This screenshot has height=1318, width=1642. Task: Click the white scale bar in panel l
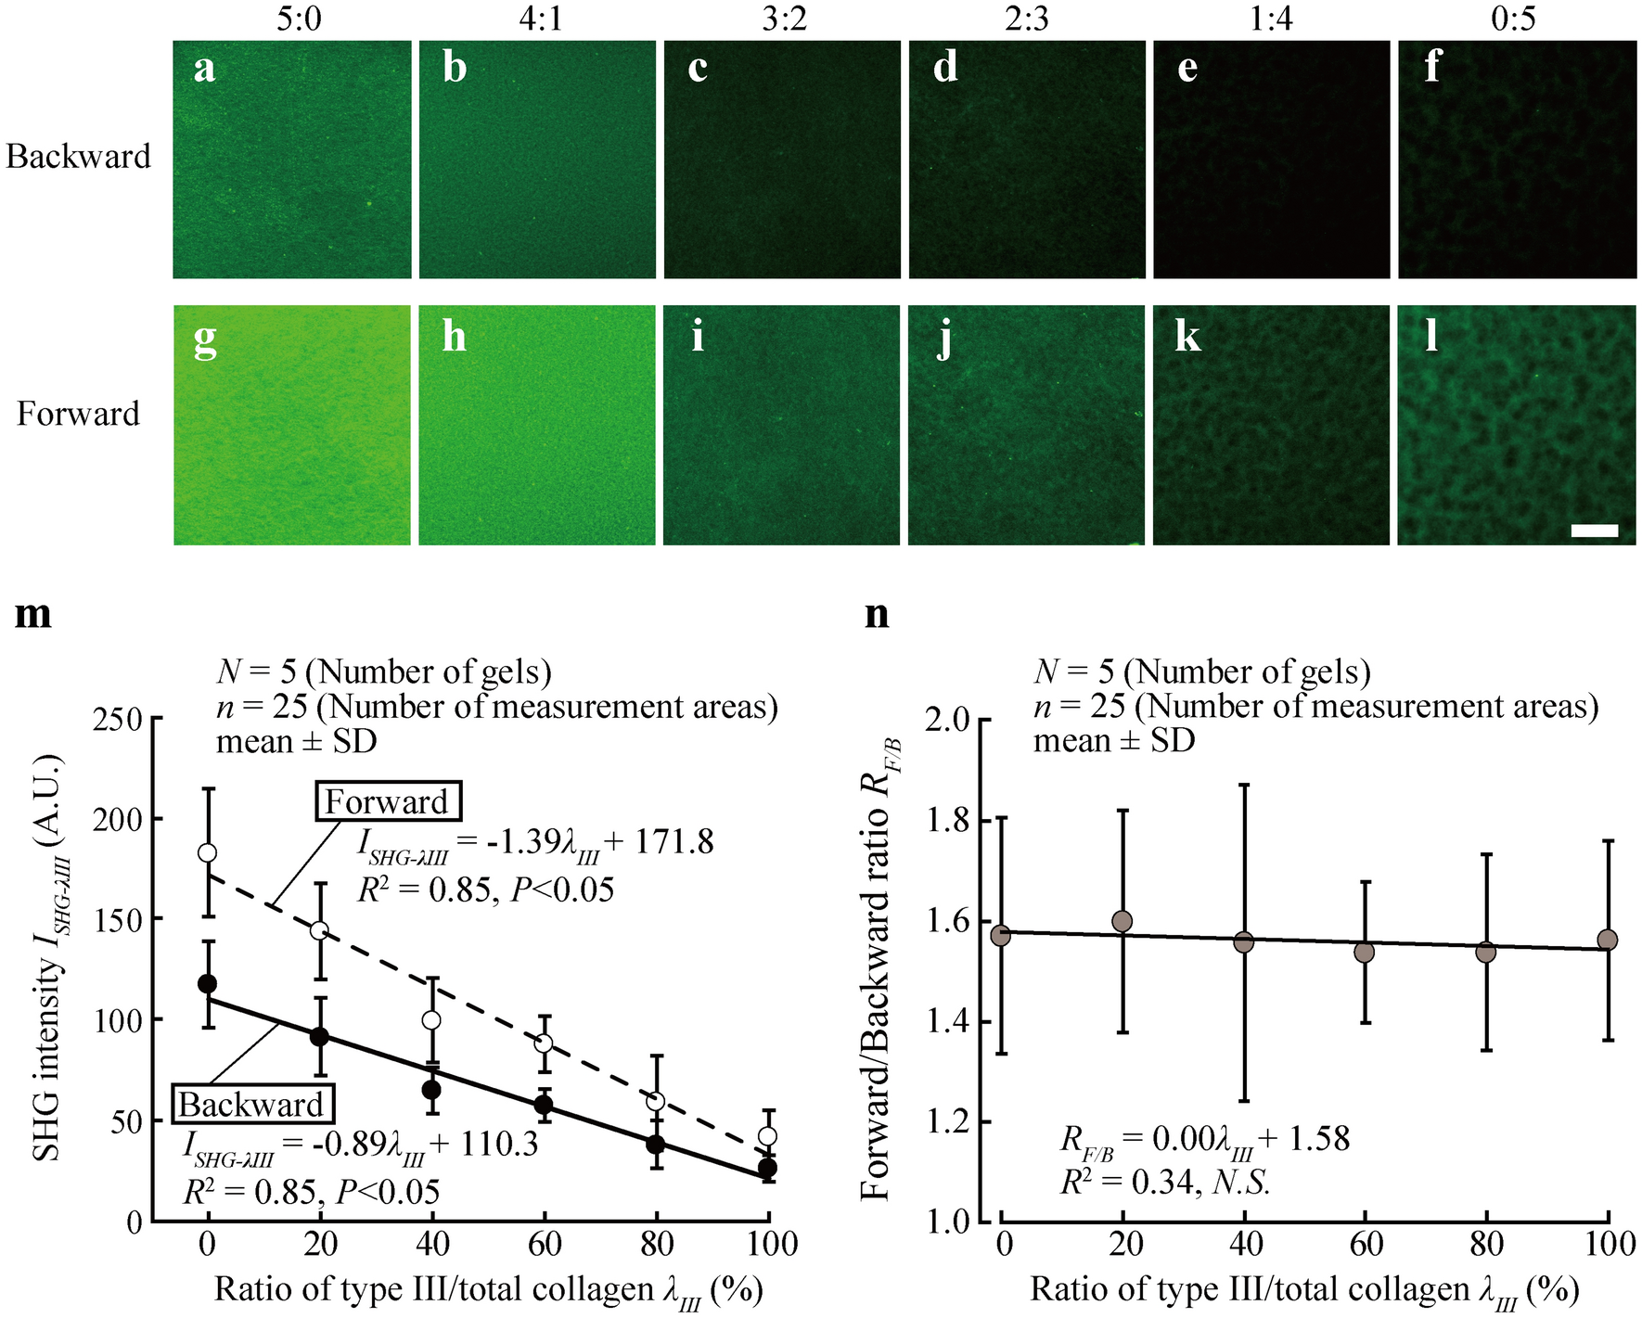(x=1594, y=531)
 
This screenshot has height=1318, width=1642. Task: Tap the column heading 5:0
(x=298, y=19)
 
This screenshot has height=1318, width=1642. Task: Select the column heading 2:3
(x=1026, y=19)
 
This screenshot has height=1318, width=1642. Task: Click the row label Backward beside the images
(x=78, y=156)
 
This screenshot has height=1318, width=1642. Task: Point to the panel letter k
(x=1187, y=338)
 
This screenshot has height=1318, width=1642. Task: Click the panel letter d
(x=944, y=67)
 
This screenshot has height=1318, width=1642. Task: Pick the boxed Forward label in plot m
(x=387, y=802)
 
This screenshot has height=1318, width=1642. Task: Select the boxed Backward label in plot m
(x=250, y=1105)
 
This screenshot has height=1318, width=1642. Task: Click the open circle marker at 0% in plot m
(x=208, y=852)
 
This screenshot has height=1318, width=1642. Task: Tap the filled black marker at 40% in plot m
(x=431, y=1089)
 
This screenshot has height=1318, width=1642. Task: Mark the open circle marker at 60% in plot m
(x=545, y=1043)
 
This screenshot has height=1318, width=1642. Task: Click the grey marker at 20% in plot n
(x=1122, y=921)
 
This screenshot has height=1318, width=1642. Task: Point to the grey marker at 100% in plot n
(x=1608, y=940)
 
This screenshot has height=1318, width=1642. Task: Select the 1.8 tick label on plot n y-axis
(x=948, y=820)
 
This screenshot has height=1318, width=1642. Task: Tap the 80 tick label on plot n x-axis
(x=1486, y=1244)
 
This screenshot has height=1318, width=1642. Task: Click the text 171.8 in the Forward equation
(x=673, y=842)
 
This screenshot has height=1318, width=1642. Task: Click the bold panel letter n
(x=876, y=614)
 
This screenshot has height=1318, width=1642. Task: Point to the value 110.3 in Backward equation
(x=497, y=1145)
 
